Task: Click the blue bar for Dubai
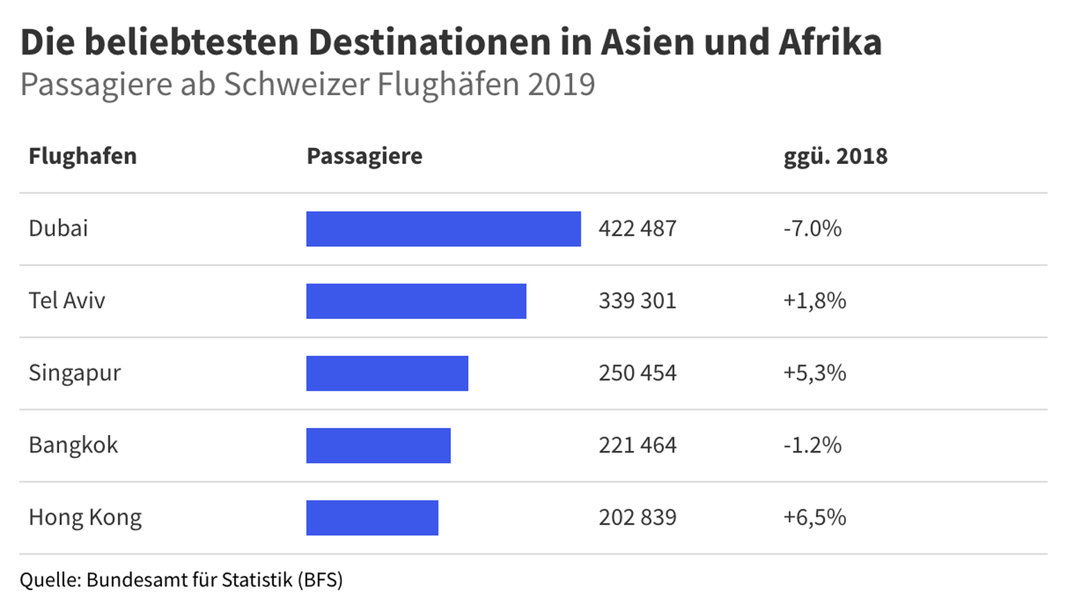pos(443,229)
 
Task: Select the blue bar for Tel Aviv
pos(416,301)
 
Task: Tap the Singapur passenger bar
pos(387,373)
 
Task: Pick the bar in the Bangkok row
pos(378,446)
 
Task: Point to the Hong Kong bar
pos(372,518)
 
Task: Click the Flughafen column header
pos(83,156)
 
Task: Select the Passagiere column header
pos(364,156)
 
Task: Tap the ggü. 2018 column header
pos(835,156)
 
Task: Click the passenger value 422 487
pos(637,229)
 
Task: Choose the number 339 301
pos(637,301)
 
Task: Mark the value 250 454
pos(637,373)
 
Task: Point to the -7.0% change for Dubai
pos(812,229)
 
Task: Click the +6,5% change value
pos(814,518)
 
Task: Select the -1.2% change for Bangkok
pos(812,446)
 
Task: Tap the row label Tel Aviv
pos(67,301)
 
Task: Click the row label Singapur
pos(74,374)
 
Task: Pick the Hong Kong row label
pos(85,518)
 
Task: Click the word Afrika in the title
pos(830,42)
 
